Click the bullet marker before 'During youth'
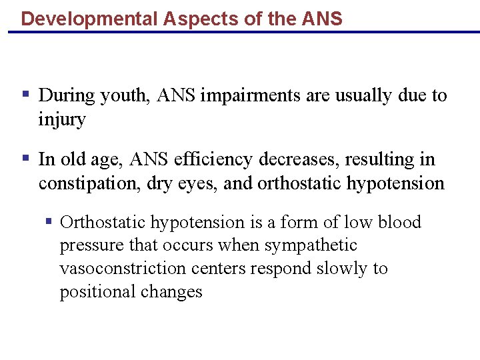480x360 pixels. tap(25, 95)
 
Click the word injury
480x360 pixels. tap(62, 120)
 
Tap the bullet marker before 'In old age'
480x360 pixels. tap(25, 159)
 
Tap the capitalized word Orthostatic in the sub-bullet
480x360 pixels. tap(103, 222)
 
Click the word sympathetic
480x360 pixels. tap(311, 245)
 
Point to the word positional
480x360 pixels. tap(97, 293)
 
